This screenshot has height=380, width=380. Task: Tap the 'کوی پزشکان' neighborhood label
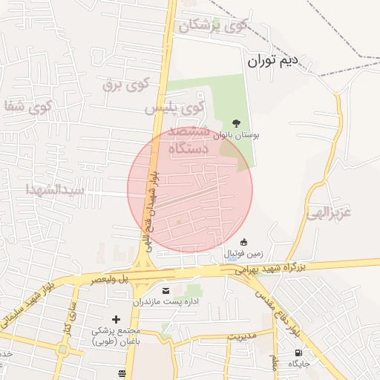pyautogui.click(x=213, y=26)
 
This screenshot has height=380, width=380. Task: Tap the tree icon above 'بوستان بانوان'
pyautogui.click(x=236, y=123)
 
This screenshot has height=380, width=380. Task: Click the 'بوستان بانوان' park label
pyautogui.click(x=236, y=136)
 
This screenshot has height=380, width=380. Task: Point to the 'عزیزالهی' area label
pyautogui.click(x=327, y=212)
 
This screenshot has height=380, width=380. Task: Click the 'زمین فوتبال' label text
pyautogui.click(x=242, y=254)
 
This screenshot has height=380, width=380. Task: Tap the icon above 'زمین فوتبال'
pyautogui.click(x=243, y=242)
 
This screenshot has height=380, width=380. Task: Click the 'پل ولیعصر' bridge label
pyautogui.click(x=110, y=280)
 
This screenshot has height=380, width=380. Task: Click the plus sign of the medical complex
pyautogui.click(x=116, y=318)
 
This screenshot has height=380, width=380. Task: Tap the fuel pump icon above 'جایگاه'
pyautogui.click(x=298, y=353)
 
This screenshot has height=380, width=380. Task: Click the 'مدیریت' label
pyautogui.click(x=241, y=335)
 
